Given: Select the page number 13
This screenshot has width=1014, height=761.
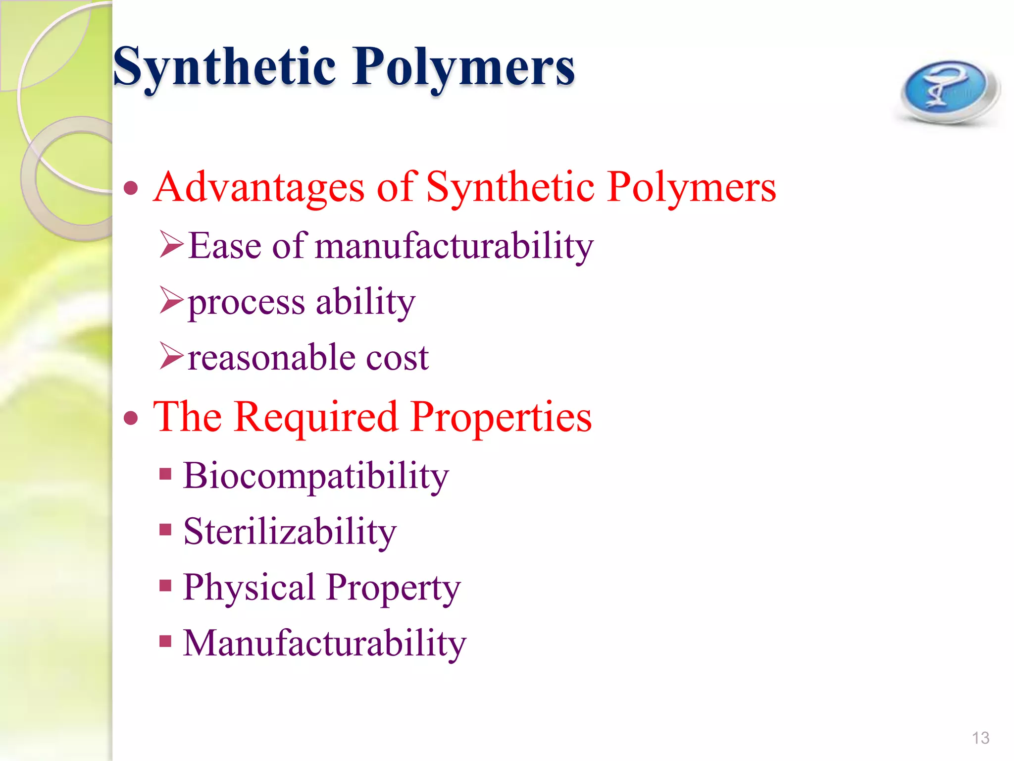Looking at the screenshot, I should click(x=980, y=738).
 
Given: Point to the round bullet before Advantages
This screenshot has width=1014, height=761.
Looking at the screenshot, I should click(x=131, y=188).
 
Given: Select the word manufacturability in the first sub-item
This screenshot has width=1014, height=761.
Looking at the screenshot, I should click(x=454, y=246).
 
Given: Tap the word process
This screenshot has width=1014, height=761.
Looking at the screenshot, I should click(x=246, y=302).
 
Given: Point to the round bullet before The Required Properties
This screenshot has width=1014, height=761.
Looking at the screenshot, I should click(x=131, y=418).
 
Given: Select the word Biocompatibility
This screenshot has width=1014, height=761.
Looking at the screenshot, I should click(x=316, y=476).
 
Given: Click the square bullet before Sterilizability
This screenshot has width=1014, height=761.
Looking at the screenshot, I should click(x=165, y=530).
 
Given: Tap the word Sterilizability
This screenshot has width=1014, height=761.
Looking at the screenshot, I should click(x=290, y=532).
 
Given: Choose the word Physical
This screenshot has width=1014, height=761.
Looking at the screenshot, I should click(x=249, y=588).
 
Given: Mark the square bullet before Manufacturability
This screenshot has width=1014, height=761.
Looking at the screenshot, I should click(x=165, y=642).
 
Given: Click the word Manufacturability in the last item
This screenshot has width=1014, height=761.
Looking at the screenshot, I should click(x=325, y=643).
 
